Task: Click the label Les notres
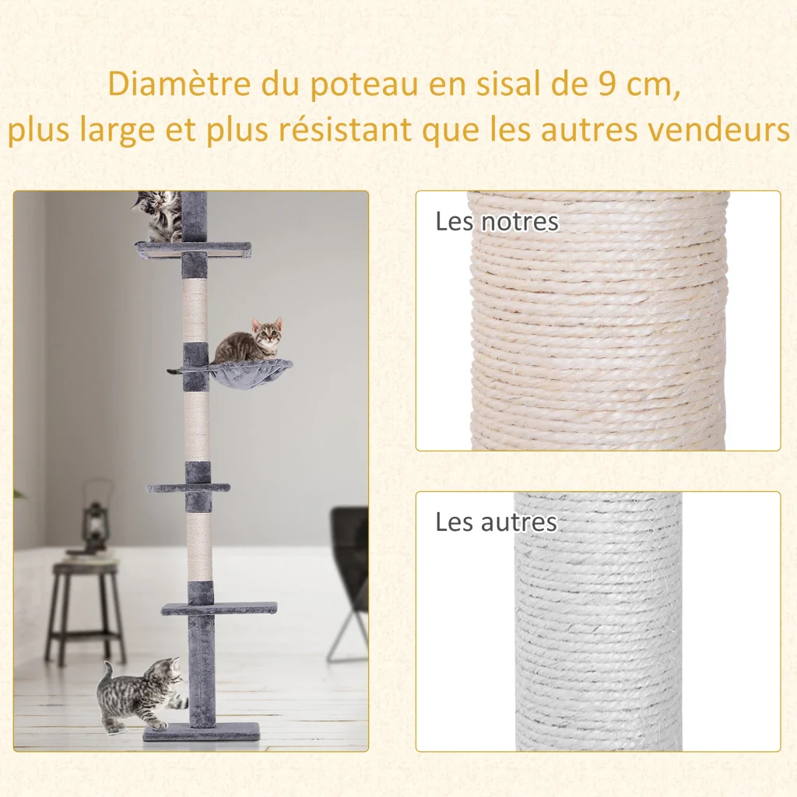pyautogui.click(x=497, y=222)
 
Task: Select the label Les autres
pyautogui.click(x=496, y=522)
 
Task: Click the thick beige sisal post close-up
pyautogui.click(x=599, y=320)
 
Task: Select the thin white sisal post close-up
pyautogui.click(x=599, y=621)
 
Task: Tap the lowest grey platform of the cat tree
pyautogui.click(x=219, y=608)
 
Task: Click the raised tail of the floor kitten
pyautogui.click(x=107, y=674)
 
